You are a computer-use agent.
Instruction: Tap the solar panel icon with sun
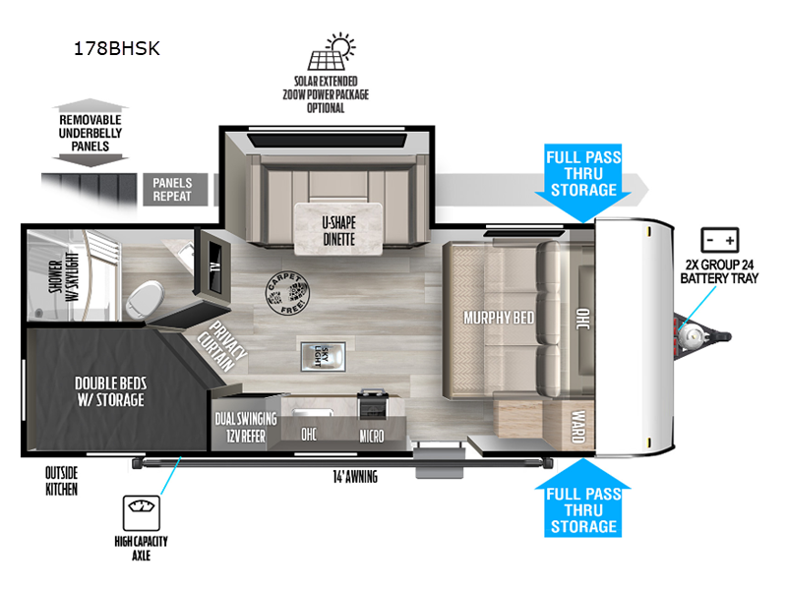click(x=333, y=50)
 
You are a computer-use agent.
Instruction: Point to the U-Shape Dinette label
click(x=337, y=229)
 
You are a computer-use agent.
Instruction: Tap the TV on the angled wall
click(x=213, y=262)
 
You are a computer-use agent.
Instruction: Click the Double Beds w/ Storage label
click(x=110, y=392)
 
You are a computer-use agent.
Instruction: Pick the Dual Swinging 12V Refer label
click(x=246, y=428)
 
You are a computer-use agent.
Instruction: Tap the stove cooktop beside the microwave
click(x=374, y=404)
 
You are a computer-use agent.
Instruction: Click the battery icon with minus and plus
click(x=720, y=240)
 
